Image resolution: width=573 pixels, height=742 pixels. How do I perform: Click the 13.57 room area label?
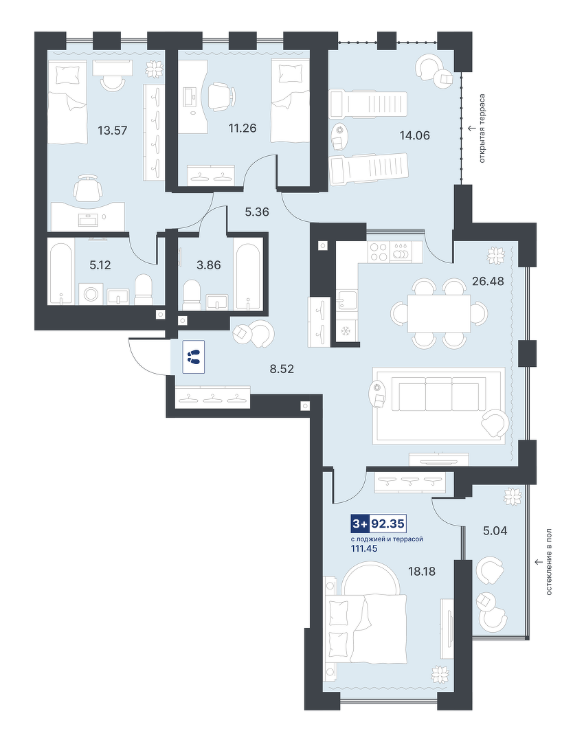click(x=113, y=130)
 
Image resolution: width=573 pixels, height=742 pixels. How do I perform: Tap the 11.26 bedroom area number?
click(x=243, y=128)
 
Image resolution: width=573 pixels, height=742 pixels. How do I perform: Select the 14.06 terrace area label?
click(x=414, y=135)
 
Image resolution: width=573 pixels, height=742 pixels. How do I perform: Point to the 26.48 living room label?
click(x=488, y=281)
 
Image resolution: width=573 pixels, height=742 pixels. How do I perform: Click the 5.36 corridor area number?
click(x=257, y=212)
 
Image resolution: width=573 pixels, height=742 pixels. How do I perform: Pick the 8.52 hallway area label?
click(x=282, y=369)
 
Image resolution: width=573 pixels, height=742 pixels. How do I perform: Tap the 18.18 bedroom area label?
click(x=422, y=571)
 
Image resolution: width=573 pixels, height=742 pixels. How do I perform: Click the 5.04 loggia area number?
click(x=495, y=531)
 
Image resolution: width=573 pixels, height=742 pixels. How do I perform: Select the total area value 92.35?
click(x=387, y=524)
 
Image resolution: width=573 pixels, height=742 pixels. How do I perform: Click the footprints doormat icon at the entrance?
click(x=193, y=357)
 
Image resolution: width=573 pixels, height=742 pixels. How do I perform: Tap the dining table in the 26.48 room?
click(x=439, y=313)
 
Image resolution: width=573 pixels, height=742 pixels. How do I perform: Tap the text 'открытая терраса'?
click(x=482, y=128)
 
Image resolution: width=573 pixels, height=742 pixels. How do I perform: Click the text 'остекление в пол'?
click(x=549, y=562)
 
